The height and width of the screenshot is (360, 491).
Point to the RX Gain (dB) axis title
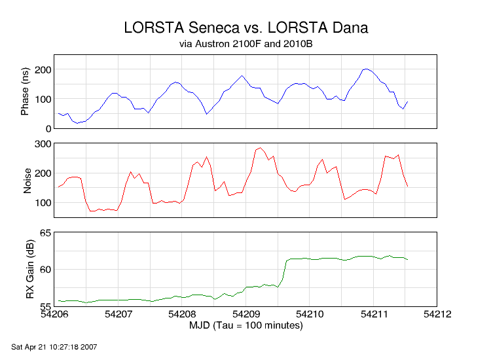point(30,269)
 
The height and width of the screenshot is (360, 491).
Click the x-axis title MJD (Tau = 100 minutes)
point(245,325)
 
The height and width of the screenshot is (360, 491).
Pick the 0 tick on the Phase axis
point(48,128)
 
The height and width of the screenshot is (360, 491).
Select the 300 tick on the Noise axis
point(43,143)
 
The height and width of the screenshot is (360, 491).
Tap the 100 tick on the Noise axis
point(43,203)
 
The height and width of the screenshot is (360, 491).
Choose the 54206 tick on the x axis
point(55,314)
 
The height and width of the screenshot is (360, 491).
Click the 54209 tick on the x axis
point(246,314)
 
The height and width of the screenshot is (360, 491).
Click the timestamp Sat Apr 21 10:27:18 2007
point(54,346)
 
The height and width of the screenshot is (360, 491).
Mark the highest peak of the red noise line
point(261,147)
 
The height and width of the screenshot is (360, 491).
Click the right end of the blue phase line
point(407,101)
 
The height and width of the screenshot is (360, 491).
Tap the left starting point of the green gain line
point(59,300)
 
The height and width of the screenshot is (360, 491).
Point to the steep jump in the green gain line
point(285,270)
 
